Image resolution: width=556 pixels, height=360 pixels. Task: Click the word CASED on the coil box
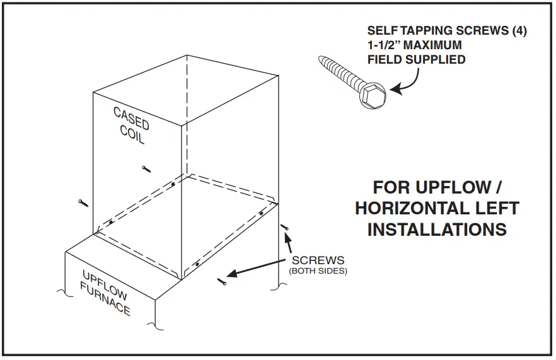tap(131, 119)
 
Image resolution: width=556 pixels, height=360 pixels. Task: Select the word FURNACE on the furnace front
tap(105, 300)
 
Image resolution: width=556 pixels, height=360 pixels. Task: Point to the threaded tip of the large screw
tap(322, 61)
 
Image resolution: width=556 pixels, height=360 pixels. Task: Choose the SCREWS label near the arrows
tap(318, 260)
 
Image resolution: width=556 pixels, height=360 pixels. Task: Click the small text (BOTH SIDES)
tap(318, 271)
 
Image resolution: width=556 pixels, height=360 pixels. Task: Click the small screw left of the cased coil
tap(83, 202)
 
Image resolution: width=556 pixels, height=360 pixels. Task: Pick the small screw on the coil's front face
tap(146, 168)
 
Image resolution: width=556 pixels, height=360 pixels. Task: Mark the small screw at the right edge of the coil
tap(284, 226)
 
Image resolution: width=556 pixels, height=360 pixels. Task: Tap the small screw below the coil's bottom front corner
tap(221, 281)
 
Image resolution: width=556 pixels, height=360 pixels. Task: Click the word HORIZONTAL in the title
tap(437, 208)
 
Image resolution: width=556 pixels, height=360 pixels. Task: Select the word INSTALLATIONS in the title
tap(437, 229)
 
